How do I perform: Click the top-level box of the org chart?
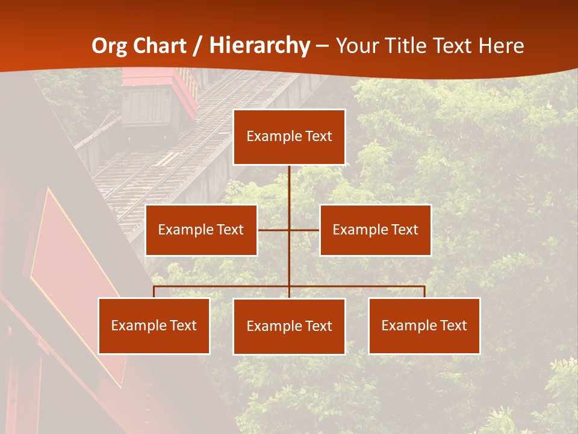click(x=289, y=137)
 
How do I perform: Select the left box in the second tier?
click(x=201, y=230)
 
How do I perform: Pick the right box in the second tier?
click(x=375, y=230)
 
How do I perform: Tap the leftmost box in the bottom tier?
click(x=154, y=325)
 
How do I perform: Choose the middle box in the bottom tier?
click(x=289, y=326)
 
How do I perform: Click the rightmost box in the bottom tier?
click(x=424, y=325)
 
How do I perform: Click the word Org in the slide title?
click(x=110, y=46)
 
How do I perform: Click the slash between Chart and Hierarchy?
click(x=196, y=46)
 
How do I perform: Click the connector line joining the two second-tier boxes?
click(x=274, y=230)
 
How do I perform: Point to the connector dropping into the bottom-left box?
click(x=154, y=292)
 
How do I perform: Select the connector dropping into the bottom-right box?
click(x=424, y=292)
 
